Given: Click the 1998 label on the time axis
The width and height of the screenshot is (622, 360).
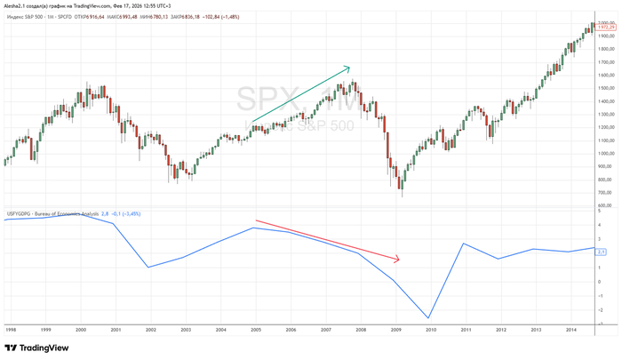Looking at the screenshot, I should tap(11, 329).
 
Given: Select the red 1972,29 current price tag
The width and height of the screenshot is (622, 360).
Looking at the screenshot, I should tap(608, 29).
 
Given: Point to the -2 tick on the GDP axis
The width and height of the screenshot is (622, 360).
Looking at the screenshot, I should tap(600, 310).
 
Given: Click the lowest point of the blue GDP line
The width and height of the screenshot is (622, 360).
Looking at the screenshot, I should tap(428, 318).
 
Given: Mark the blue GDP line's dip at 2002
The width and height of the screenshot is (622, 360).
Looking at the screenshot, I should tap(148, 267).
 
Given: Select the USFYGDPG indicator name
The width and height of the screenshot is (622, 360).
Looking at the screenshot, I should tap(21, 213).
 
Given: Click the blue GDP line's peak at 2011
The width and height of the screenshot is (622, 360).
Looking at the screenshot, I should tap(463, 244).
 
